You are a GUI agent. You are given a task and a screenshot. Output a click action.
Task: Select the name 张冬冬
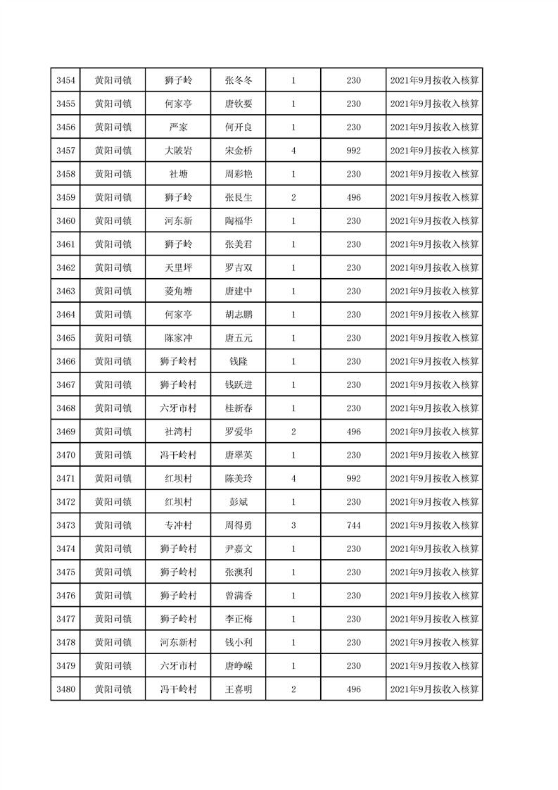click(239, 80)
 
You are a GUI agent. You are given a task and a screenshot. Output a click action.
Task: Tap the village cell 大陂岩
click(178, 151)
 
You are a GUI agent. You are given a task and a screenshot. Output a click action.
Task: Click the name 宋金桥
click(239, 151)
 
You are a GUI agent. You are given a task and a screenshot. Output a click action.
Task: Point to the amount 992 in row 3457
click(353, 151)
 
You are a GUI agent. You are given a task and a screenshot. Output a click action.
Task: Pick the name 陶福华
click(239, 221)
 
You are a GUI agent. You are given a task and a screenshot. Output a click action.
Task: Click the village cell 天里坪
click(178, 268)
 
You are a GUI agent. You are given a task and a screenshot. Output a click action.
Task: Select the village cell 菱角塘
click(178, 291)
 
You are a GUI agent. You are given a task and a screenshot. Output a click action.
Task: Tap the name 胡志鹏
click(239, 315)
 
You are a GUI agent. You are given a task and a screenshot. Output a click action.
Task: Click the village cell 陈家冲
click(178, 338)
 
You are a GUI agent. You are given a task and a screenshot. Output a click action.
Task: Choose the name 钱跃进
click(239, 384)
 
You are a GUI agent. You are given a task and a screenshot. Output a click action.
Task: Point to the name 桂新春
click(239, 408)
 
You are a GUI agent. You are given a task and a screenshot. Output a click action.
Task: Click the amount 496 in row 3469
click(353, 432)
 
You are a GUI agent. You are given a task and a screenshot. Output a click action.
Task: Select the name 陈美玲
click(239, 479)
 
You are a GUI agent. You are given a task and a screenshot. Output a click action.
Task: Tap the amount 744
click(353, 525)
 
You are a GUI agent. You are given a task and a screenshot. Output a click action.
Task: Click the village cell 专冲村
click(178, 525)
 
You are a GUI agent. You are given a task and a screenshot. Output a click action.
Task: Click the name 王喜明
click(239, 689)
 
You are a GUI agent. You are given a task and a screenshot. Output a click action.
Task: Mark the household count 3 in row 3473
click(293, 525)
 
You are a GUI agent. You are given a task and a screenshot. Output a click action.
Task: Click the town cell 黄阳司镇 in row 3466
click(113, 361)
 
